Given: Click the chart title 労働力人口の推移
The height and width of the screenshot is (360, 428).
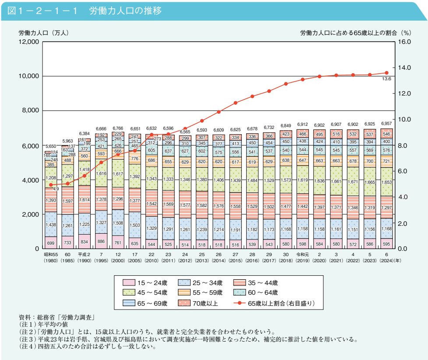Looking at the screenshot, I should (x=125, y=11).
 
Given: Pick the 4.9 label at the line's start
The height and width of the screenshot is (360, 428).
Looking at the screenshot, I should (x=56, y=189).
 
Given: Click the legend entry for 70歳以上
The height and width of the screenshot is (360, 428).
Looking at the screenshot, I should (x=205, y=303).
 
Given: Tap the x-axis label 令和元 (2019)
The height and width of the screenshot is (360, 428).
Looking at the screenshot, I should (x=303, y=255).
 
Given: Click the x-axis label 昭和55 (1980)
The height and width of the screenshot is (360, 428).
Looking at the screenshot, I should (x=51, y=255).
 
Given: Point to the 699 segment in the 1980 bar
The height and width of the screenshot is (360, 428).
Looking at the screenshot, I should (x=51, y=243).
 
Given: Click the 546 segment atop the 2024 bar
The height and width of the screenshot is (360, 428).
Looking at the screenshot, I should (x=386, y=134).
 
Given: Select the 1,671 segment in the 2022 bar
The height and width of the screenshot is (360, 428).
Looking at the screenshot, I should (x=353, y=181).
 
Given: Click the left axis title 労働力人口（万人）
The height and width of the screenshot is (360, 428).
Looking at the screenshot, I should (x=43, y=32).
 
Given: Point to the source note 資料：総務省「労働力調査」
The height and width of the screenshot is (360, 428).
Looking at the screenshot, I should (x=57, y=317).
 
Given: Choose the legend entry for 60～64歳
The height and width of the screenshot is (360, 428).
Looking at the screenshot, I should (x=262, y=293).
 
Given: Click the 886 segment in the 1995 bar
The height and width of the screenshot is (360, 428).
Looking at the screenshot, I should (x=101, y=241).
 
